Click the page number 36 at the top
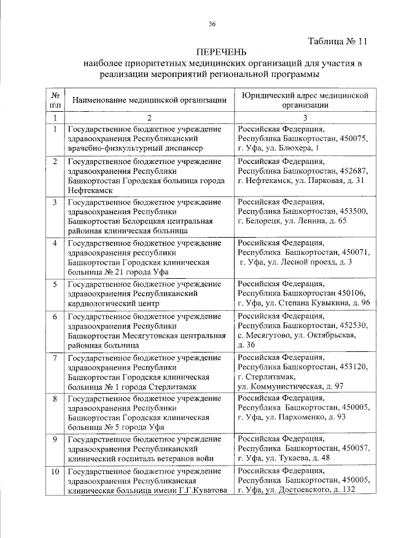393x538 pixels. coord(212,24)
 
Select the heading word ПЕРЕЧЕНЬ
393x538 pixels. coord(221,52)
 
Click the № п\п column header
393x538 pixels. coord(55,100)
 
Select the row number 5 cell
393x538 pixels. coord(55,284)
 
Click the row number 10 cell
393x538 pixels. coord(55,471)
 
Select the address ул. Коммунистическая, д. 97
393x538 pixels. coord(290,386)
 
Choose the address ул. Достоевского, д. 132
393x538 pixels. coord(320,489)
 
